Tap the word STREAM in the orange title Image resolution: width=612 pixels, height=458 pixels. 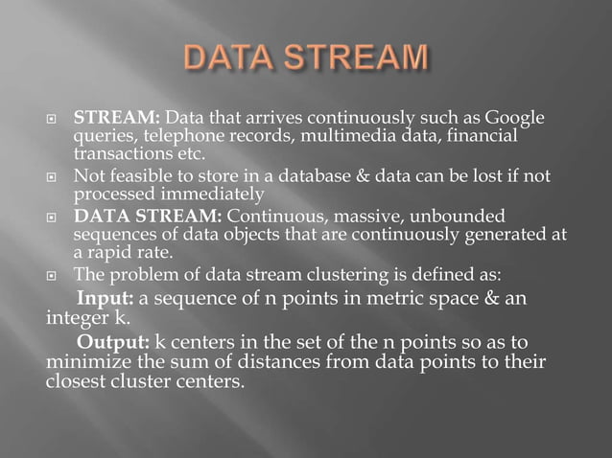pos(351,57)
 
